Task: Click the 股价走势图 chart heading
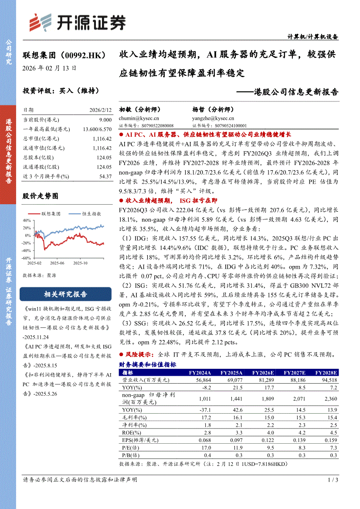tap(40, 196)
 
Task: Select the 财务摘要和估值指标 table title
tap(147, 365)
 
